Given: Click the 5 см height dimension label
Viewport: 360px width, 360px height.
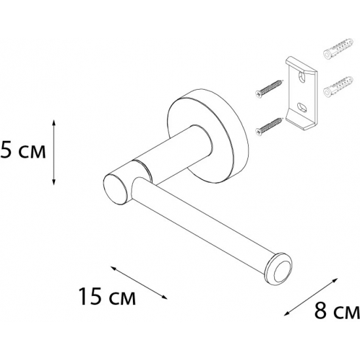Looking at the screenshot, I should pos(23,153).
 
